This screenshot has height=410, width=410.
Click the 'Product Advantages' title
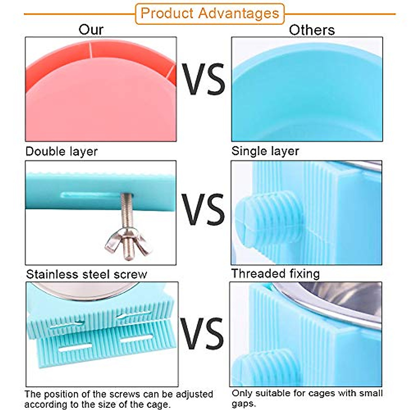(x=210, y=13)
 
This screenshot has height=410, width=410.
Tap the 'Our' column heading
(x=91, y=30)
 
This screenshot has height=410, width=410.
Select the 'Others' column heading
(x=312, y=30)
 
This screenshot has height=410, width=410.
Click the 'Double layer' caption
(x=61, y=152)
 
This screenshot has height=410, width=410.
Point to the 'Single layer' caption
(x=265, y=151)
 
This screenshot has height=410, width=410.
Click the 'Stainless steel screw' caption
(x=86, y=274)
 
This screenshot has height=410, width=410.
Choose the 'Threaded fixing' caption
(x=276, y=274)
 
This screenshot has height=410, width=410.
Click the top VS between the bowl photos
(x=203, y=79)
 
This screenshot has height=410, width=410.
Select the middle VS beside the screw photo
(x=203, y=209)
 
